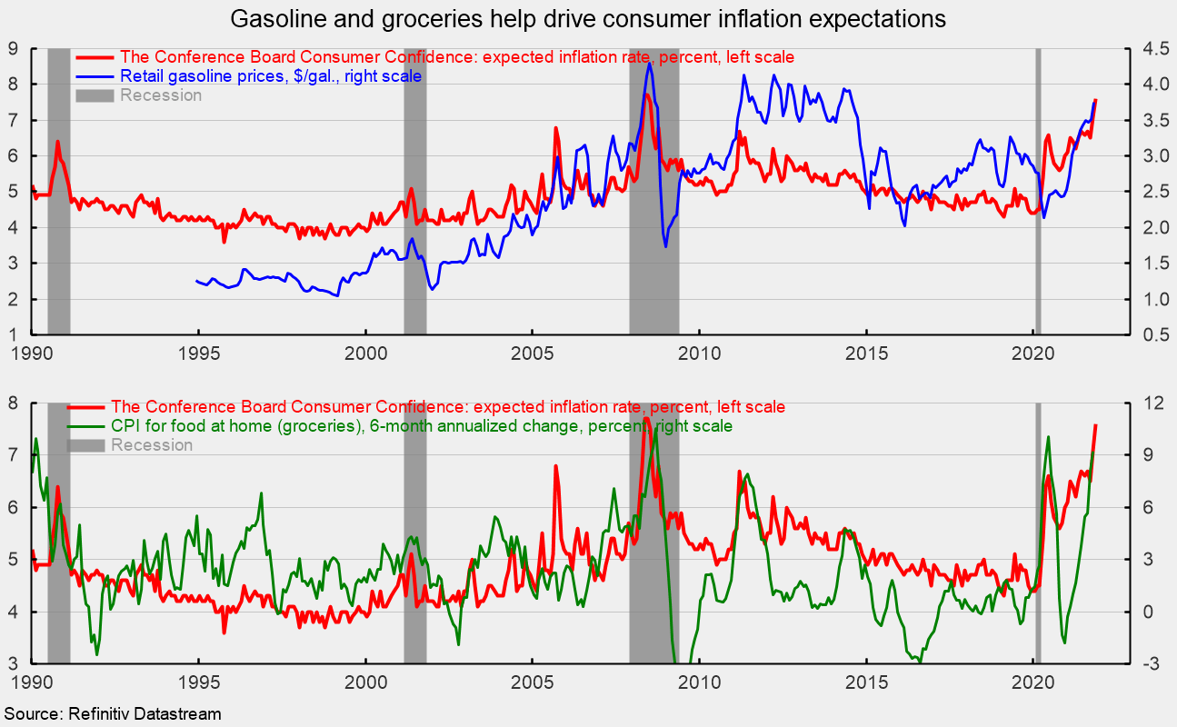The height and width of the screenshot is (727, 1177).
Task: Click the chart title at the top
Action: click(588, 18)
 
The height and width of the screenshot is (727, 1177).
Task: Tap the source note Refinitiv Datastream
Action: click(113, 714)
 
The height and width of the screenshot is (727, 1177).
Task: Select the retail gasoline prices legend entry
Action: click(271, 76)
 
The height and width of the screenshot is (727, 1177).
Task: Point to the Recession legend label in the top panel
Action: click(161, 95)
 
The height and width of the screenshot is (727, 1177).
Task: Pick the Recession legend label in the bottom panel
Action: click(152, 445)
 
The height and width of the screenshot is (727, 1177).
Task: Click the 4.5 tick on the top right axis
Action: click(1152, 48)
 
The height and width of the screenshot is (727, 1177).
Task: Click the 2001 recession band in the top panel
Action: click(415, 191)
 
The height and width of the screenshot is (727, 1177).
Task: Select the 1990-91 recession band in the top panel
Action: click(59, 191)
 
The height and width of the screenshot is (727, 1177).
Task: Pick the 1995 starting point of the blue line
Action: click(197, 282)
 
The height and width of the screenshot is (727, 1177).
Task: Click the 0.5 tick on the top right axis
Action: click(1152, 335)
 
